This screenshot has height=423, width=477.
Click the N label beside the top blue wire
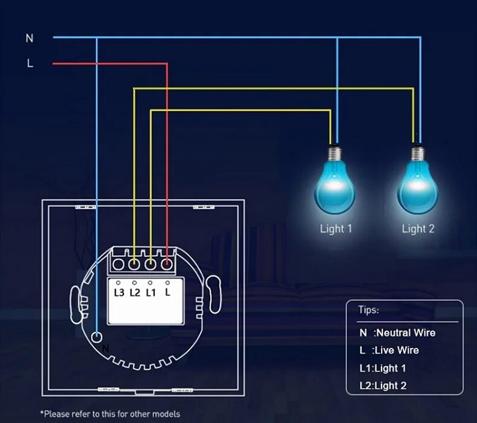point(30,38)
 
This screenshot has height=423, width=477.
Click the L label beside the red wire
point(30,63)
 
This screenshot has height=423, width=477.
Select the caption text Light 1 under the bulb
point(336,228)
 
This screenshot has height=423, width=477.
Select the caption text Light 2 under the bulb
point(418,228)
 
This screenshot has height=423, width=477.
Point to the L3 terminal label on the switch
point(119,292)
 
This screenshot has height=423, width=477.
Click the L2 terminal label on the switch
point(135,292)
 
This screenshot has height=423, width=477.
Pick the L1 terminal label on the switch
point(151,292)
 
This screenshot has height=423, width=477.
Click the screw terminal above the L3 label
point(119,263)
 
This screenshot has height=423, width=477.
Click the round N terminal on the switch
point(97,337)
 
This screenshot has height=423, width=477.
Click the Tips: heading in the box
point(368,310)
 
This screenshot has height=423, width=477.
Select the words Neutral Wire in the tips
point(405,333)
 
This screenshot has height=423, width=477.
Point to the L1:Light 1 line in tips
point(383,368)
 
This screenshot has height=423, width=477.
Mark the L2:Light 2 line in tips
point(383,386)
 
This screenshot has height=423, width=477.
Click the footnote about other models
point(110,414)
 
